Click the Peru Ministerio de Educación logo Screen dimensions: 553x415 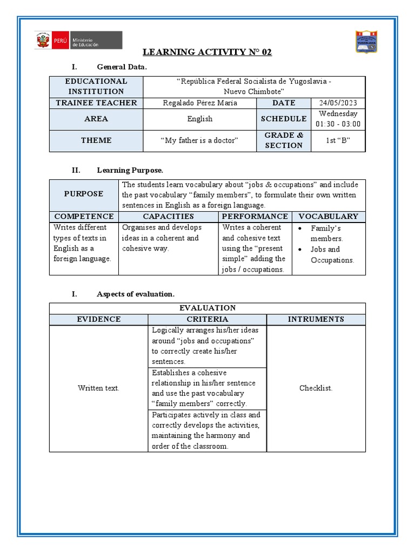pos(79,41)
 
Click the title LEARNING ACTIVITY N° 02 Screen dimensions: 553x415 pos(207,52)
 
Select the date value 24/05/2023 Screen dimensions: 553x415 pos(338,103)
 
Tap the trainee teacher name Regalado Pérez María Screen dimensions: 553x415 pos(199,103)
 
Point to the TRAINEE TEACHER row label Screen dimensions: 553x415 pos(96,103)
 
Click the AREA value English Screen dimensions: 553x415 pos(199,119)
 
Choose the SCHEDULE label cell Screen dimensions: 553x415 pos(284,119)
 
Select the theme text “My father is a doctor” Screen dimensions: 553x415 pos(199,140)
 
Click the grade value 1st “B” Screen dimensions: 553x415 pos(338,140)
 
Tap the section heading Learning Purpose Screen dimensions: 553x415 pos(130,170)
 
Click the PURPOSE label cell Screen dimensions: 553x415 pos(84,194)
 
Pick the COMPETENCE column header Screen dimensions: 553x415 pos(84,217)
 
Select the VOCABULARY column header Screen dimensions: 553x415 pos(329,217)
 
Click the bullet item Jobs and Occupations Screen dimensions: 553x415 pos(332,255)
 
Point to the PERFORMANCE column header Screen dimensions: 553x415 pos(255,217)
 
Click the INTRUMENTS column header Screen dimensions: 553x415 pos(316,319)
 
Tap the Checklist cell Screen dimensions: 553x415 pos(316,388)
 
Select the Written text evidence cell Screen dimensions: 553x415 pos(98,388)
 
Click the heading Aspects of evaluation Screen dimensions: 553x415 pos(135,294)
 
